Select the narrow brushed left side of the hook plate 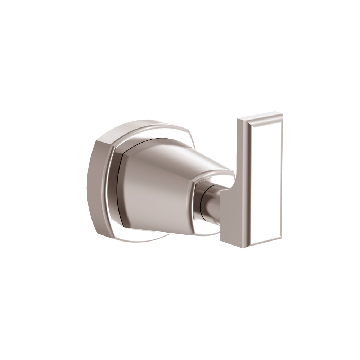[241, 155]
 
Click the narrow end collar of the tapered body [196, 205]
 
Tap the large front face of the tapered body [155, 194]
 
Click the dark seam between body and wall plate [119, 191]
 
